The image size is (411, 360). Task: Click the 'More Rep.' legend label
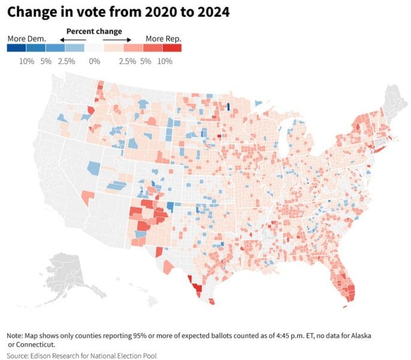pos(163,39)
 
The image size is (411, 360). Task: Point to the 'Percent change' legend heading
pos(94,31)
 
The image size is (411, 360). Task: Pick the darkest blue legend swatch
pos(16,49)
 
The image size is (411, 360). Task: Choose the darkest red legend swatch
pos(172,49)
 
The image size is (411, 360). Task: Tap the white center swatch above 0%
pos(94,49)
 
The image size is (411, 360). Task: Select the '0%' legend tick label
pos(94,61)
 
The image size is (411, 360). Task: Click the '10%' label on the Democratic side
pos(26,61)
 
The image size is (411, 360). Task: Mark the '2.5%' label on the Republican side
pos(127,61)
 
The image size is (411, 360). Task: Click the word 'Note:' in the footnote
pos(17,335)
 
